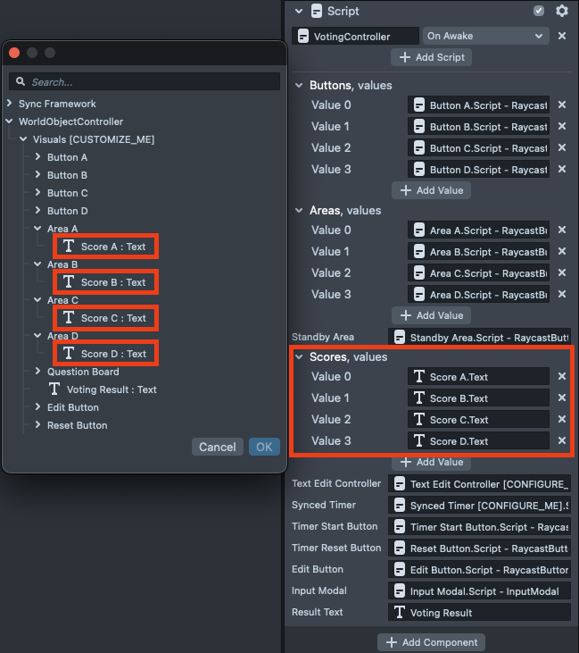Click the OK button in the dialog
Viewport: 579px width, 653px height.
click(264, 447)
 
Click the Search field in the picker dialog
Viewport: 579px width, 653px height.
click(145, 81)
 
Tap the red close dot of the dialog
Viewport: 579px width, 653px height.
click(14, 53)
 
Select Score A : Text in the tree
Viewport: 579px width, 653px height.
click(105, 247)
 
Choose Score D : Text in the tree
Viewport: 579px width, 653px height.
click(105, 354)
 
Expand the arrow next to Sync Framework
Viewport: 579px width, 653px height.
click(10, 104)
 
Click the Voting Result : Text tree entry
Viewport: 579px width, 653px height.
click(103, 389)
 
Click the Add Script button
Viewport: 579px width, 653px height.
click(431, 57)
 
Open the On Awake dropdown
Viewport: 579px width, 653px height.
click(485, 36)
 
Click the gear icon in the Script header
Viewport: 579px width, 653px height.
click(562, 11)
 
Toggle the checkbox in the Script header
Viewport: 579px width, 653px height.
click(539, 11)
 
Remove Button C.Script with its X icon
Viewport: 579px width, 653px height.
click(562, 147)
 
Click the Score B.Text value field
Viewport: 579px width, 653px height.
click(478, 398)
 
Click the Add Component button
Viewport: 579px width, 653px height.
click(431, 642)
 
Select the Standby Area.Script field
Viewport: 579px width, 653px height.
click(480, 338)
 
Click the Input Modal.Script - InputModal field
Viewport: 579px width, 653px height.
click(480, 591)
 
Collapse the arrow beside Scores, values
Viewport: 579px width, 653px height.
click(299, 356)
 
